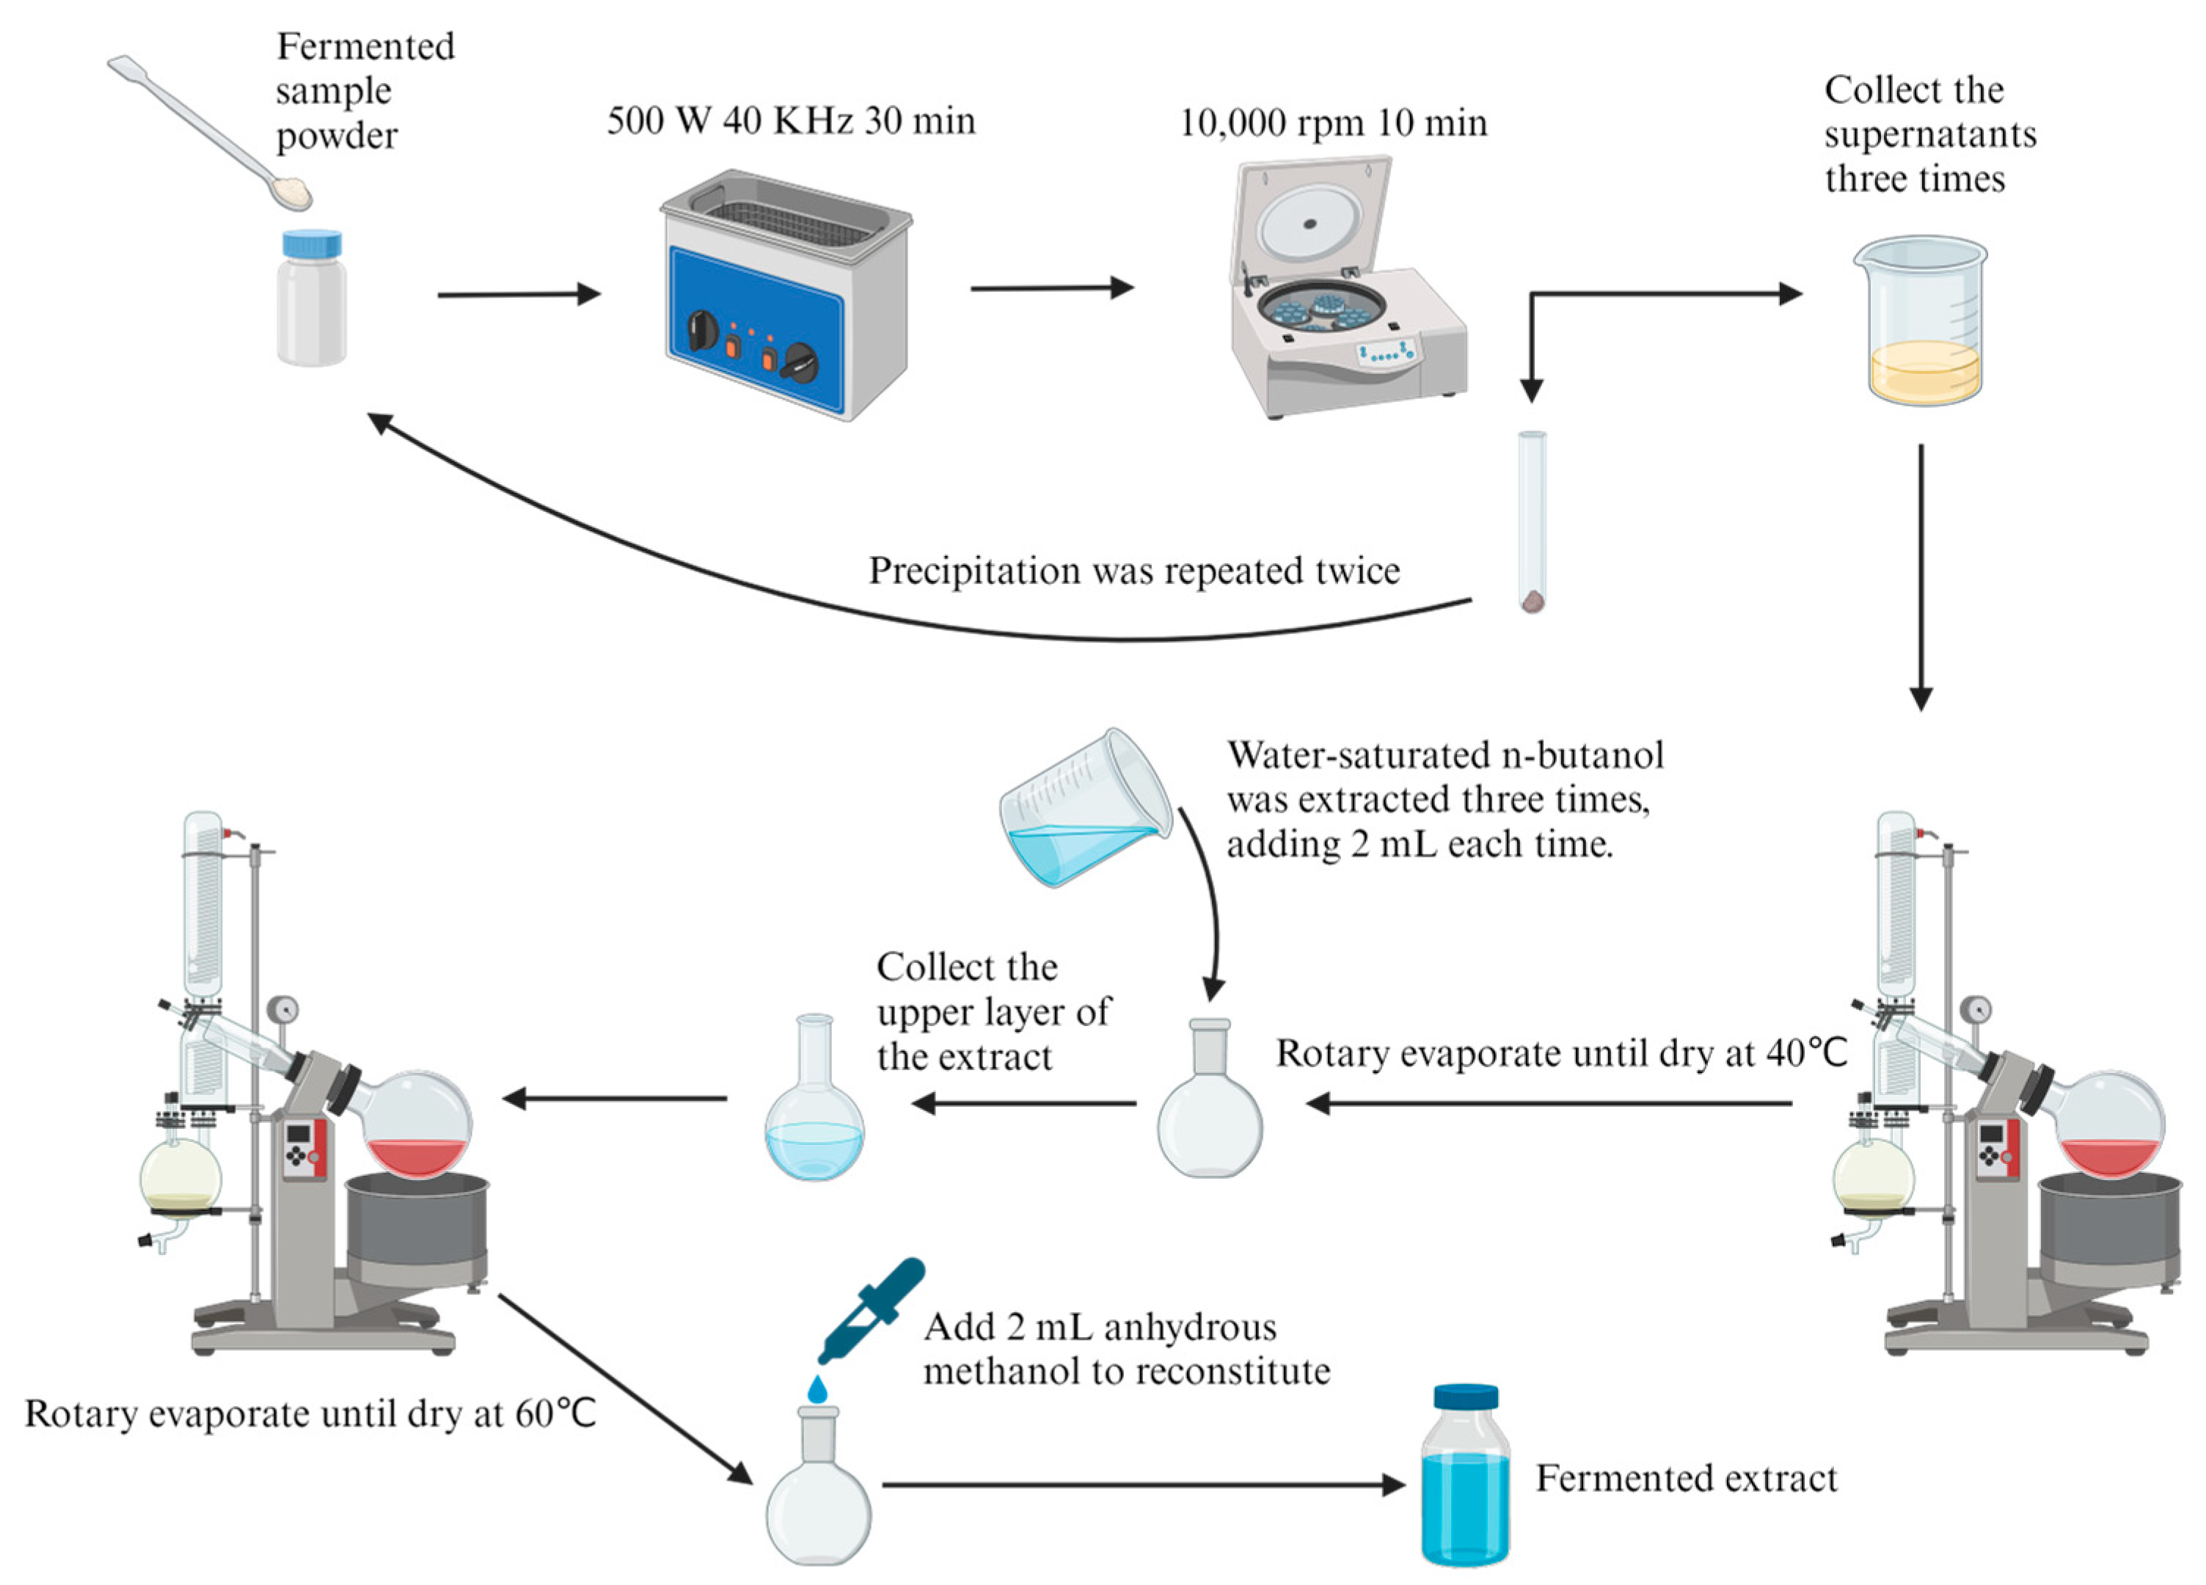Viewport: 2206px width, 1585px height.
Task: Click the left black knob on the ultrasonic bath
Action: (701, 332)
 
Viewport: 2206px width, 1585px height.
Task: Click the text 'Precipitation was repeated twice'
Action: (1133, 571)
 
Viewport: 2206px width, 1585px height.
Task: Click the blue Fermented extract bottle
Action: (1465, 1477)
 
